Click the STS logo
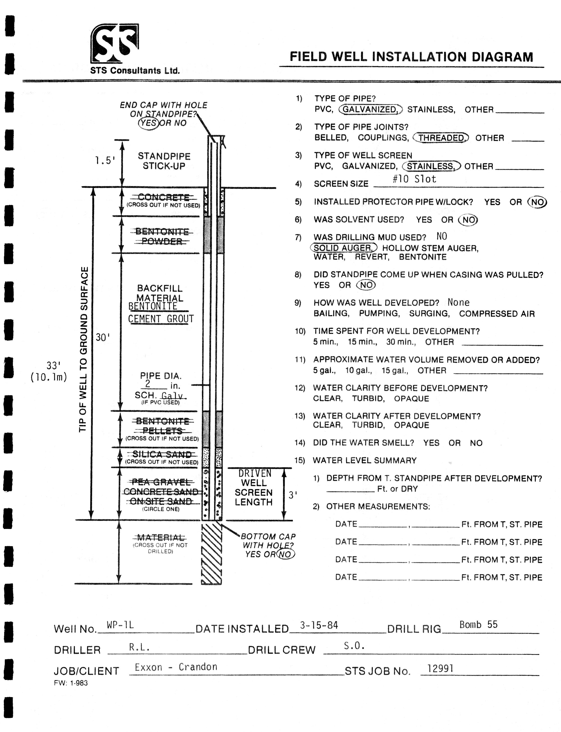point(115,43)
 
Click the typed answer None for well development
point(458,302)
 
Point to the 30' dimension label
point(103,337)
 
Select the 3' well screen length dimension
point(293,495)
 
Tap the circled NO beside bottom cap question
point(285,555)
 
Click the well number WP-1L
point(120,625)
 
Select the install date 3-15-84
point(319,625)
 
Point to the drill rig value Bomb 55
point(478,624)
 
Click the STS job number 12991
point(440,669)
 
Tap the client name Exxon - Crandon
point(176,667)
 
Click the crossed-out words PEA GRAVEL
point(162,482)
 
